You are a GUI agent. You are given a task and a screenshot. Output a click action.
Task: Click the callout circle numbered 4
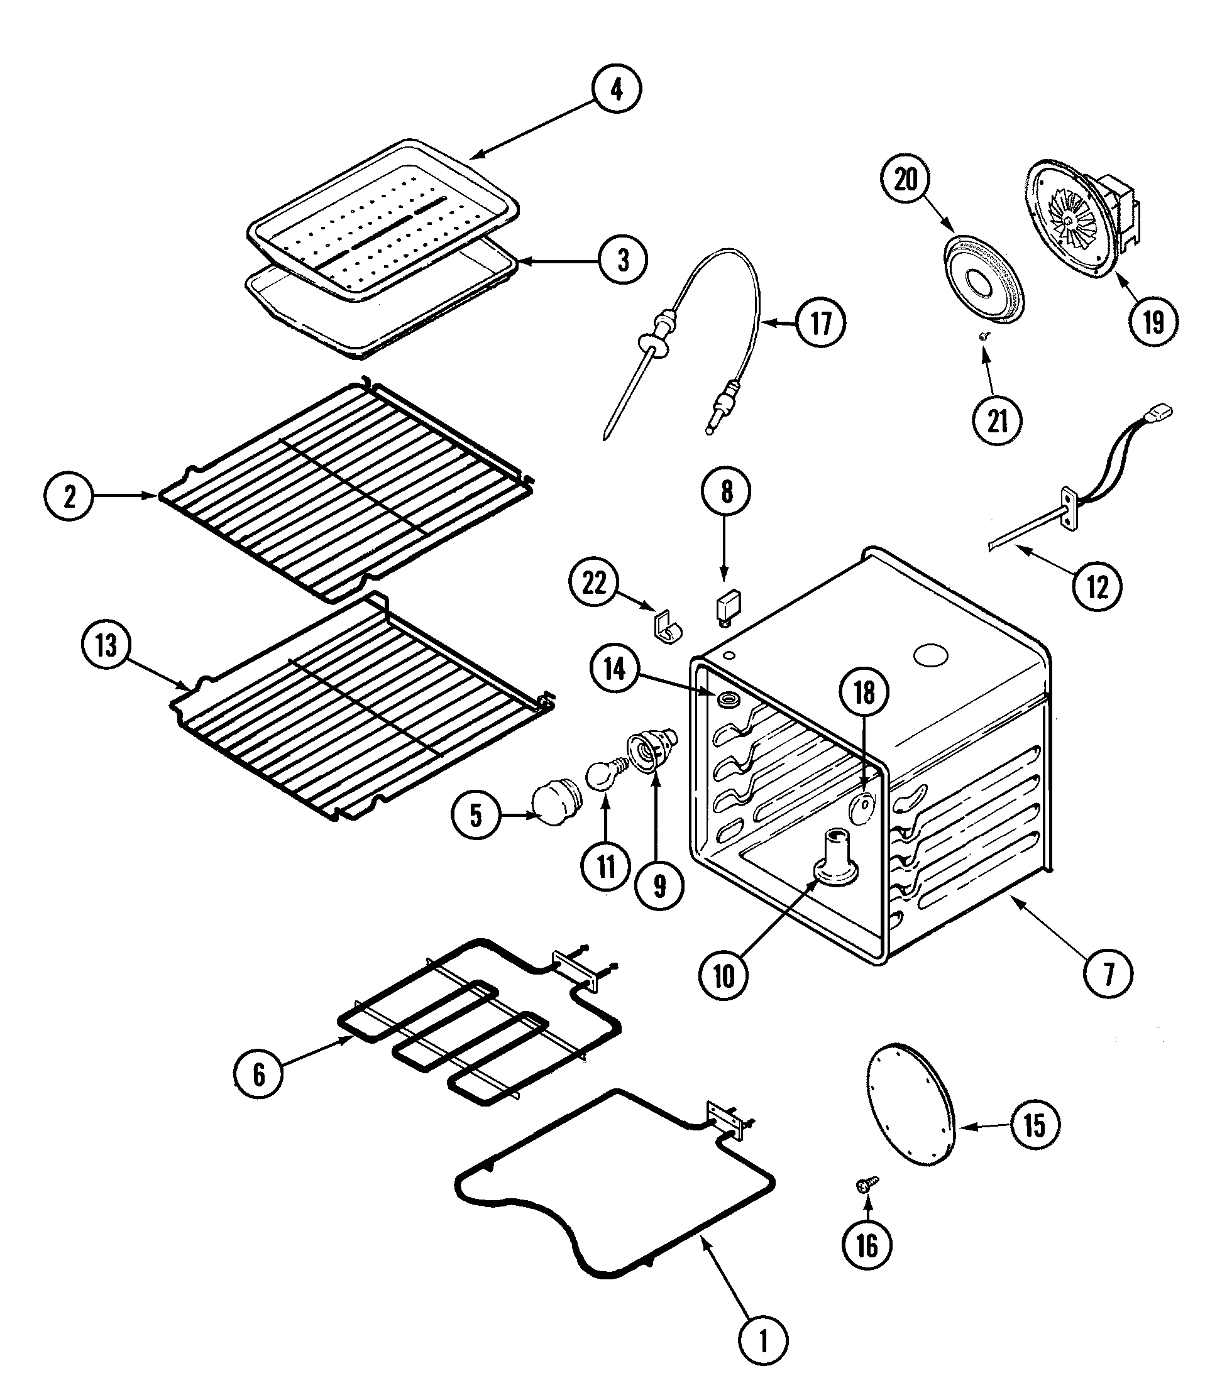[617, 89]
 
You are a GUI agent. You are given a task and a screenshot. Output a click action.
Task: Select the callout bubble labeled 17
[820, 324]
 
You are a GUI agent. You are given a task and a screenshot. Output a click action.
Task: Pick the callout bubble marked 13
[106, 645]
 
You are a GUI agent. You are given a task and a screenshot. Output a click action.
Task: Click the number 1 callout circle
[762, 1342]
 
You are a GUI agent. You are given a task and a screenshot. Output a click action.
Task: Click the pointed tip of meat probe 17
[606, 437]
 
